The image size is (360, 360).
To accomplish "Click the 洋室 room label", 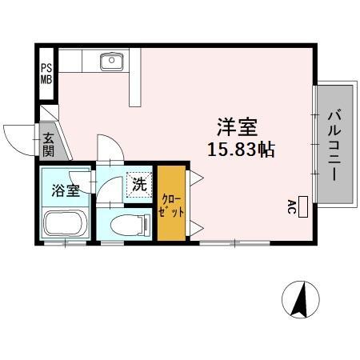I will (238, 126).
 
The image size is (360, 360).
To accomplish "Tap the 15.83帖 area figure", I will (241, 150).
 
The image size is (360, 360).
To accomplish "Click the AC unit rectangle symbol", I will (303, 205).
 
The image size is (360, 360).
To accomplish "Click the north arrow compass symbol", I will (302, 301).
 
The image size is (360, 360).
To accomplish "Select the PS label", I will (46, 68).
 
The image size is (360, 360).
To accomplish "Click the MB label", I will (46, 81).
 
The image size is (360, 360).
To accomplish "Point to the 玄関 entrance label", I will (47, 143).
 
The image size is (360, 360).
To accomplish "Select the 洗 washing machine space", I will (140, 184).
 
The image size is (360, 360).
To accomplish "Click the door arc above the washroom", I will (108, 147).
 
